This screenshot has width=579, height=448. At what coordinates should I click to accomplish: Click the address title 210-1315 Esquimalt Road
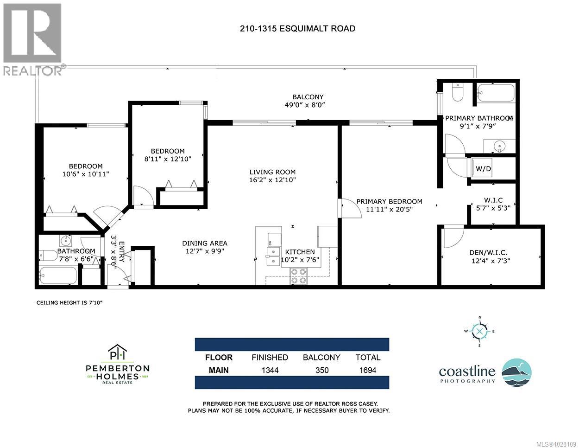pyautogui.click(x=297, y=28)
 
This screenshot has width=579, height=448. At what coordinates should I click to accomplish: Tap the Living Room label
pyautogui.click(x=272, y=172)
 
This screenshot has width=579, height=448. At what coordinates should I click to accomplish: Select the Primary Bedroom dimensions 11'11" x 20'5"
pyautogui.click(x=390, y=209)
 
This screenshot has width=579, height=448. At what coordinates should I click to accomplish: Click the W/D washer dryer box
pyautogui.click(x=483, y=169)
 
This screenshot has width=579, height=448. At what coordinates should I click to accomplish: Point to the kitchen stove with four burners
pyautogui.click(x=299, y=276)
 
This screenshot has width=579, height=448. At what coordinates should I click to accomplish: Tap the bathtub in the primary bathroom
pyautogui.click(x=495, y=93)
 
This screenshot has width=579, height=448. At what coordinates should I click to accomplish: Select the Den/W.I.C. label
pyautogui.click(x=488, y=252)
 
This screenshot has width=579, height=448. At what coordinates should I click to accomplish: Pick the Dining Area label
pyautogui.click(x=204, y=243)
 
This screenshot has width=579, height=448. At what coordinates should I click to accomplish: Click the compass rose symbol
pyautogui.click(x=480, y=332)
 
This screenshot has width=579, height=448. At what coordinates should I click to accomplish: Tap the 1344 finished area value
pyautogui.click(x=270, y=370)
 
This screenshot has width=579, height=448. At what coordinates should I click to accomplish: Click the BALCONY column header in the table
pyautogui.click(x=321, y=357)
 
